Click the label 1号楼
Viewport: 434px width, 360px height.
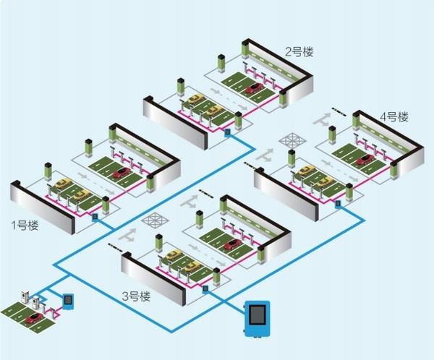coord(25,225)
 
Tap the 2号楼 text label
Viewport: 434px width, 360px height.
coord(299,51)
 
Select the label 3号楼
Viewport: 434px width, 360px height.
coord(136,296)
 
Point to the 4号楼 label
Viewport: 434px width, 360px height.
coord(394,116)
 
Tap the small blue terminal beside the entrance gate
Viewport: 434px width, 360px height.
coord(68,300)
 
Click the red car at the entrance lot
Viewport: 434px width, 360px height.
coord(32,318)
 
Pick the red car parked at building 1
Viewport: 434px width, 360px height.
coord(122,173)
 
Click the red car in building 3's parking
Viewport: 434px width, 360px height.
coord(232,244)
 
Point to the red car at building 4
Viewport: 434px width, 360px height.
coord(365,160)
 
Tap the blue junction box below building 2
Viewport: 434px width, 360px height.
coord(227,132)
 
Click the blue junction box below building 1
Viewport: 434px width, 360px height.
coord(95,215)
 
